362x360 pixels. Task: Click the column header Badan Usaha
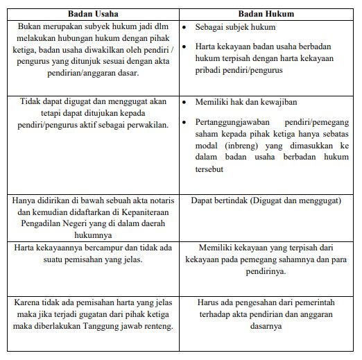coord(93,13)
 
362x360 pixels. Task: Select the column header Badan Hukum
coord(266,13)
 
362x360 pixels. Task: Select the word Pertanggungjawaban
coord(232,122)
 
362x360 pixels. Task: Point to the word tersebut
coord(212,170)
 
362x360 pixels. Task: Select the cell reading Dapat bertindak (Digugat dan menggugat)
coord(266,200)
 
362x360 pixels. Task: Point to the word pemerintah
coord(311,302)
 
